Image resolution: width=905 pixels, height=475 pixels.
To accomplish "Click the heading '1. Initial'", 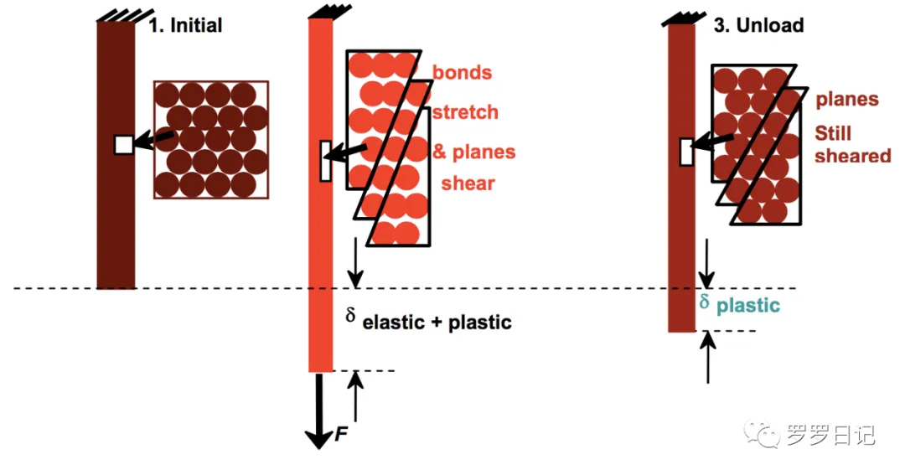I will click(185, 25).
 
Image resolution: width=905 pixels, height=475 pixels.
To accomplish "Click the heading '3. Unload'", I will click(758, 25).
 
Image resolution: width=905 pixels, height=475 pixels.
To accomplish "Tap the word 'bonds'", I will click(462, 72).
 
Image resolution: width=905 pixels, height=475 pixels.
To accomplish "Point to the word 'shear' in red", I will click(468, 183).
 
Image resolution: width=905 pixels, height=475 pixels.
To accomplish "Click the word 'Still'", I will click(833, 134).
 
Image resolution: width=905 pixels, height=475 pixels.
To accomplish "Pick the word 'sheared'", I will click(852, 156).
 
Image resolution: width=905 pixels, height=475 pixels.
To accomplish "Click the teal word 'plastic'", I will click(748, 306).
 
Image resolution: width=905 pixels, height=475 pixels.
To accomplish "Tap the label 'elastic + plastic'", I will click(437, 323).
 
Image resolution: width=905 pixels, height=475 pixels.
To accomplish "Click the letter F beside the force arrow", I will click(340, 434).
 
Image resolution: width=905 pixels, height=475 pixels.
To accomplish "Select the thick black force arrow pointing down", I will click(318, 410).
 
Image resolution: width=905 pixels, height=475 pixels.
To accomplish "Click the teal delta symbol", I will click(705, 300).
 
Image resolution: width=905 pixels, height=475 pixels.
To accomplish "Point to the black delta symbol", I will click(351, 315).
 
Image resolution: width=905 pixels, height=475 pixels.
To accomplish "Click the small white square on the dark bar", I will click(124, 144).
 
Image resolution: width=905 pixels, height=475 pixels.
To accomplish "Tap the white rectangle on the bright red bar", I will click(326, 160).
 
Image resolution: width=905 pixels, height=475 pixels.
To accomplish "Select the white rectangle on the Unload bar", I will click(686, 152).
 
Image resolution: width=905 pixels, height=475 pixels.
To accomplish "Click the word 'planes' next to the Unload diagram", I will click(846, 100).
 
